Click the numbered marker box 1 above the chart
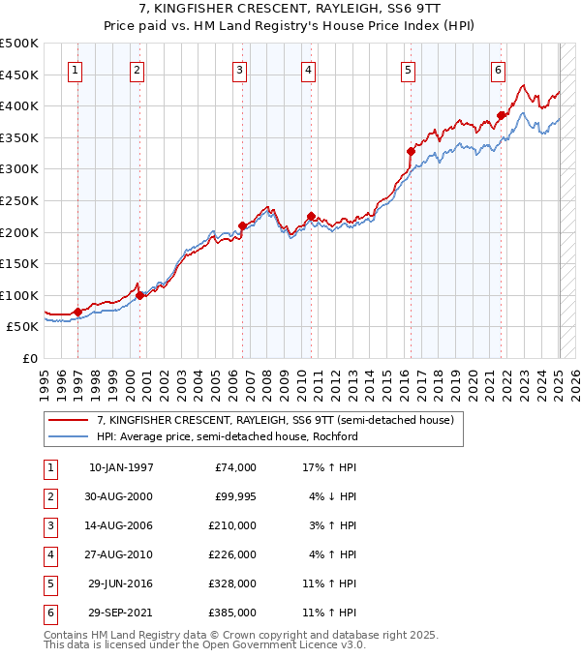click(76, 70)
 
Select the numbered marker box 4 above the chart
click(307, 70)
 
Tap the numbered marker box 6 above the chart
click(498, 70)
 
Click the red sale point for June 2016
click(411, 151)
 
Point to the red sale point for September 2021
click(501, 115)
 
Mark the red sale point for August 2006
click(242, 225)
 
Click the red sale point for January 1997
click(77, 312)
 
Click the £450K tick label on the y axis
click(19, 75)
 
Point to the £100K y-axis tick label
click(19, 295)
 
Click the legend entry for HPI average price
click(228, 436)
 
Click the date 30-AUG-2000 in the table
click(120, 497)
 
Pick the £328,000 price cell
click(233, 584)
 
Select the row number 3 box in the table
click(50, 526)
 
